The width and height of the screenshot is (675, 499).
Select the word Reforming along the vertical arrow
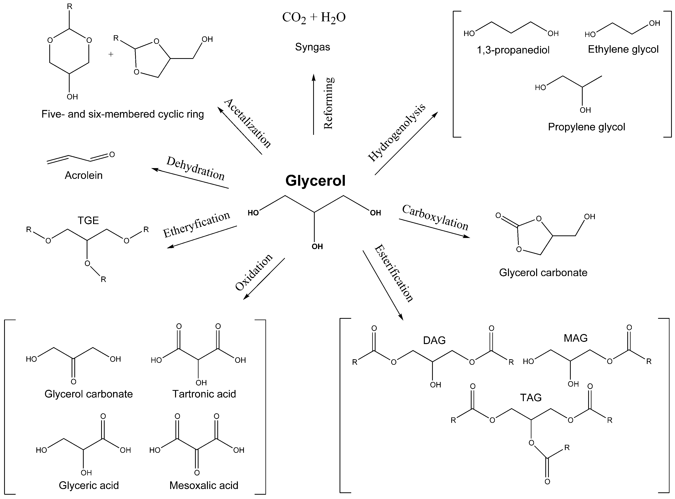(328, 103)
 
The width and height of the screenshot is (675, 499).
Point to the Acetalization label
(248, 123)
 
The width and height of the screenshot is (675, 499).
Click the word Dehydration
(196, 168)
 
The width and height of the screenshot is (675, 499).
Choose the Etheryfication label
(197, 224)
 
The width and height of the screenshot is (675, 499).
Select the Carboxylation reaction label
(435, 217)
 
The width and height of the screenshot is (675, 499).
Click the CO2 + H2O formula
(314, 18)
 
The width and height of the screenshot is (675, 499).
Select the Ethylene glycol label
(623, 50)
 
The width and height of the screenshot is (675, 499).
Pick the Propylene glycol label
(586, 127)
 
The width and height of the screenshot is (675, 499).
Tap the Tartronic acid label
(204, 394)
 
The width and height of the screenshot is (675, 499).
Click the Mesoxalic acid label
(204, 485)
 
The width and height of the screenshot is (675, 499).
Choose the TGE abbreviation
(88, 221)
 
